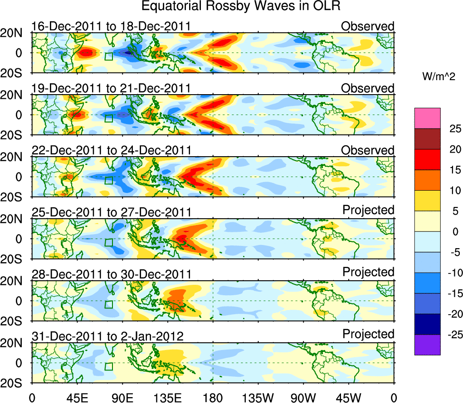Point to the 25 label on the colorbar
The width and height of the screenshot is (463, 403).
[x=454, y=129]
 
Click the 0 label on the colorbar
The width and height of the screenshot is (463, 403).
[x=454, y=232]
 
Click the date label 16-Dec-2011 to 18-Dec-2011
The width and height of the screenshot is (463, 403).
[x=111, y=26]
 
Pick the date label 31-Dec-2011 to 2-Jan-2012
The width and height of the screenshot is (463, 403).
[x=107, y=336]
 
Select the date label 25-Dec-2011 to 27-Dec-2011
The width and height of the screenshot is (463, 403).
[x=111, y=212]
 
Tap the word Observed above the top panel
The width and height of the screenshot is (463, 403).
[x=368, y=26]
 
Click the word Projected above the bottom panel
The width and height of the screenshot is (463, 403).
[x=368, y=334]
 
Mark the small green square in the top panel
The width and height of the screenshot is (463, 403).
[x=108, y=56]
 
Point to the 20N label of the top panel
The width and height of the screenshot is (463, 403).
[x=15, y=33]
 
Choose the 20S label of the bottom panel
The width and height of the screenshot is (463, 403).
[x=15, y=383]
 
